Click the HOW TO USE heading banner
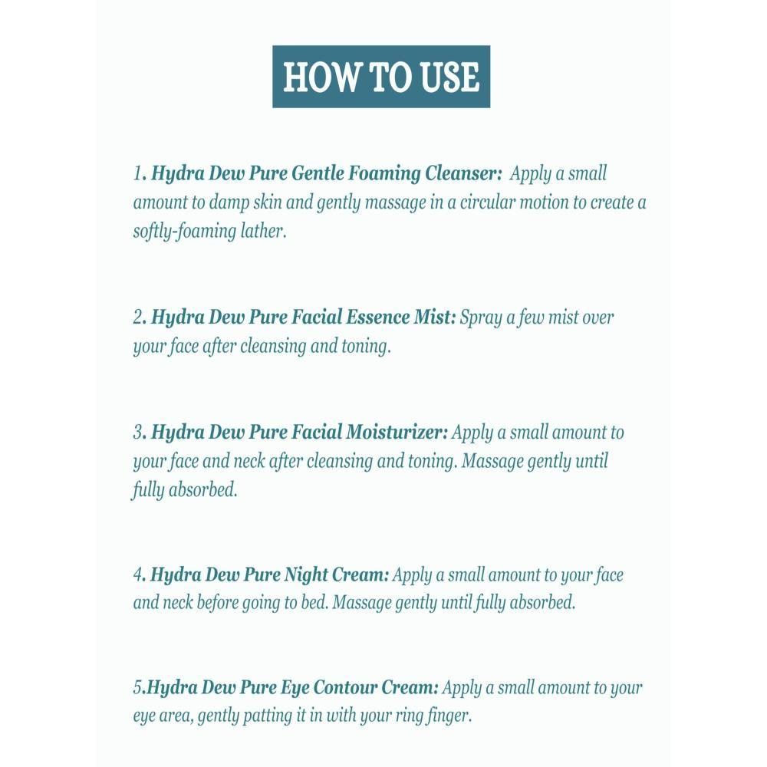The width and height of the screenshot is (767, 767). point(381,77)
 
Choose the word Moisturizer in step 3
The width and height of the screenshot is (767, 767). point(397,433)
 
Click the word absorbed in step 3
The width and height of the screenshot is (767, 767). point(203,490)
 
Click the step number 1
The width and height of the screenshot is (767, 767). point(137,174)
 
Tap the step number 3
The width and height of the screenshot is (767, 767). point(138,433)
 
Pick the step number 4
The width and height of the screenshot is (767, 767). point(138,575)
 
